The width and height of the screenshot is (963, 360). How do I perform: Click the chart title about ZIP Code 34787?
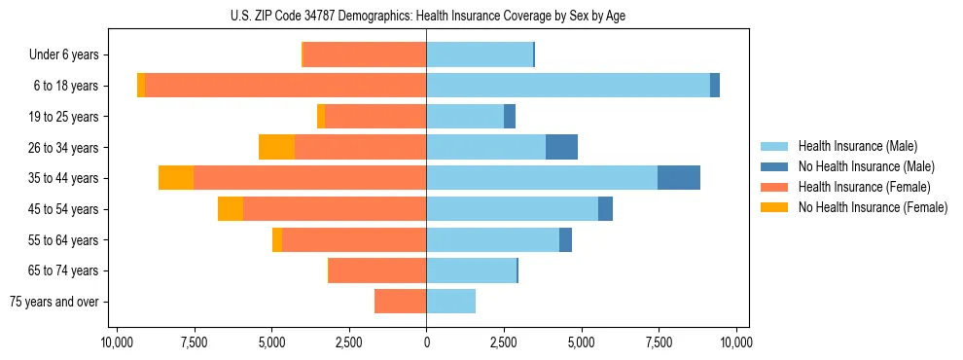[426, 15]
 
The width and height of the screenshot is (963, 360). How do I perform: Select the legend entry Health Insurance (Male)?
[857, 146]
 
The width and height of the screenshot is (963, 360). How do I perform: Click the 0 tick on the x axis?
[426, 343]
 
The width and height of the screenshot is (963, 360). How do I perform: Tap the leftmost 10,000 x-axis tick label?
[117, 343]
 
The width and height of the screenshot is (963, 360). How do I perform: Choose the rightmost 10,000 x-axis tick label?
[735, 343]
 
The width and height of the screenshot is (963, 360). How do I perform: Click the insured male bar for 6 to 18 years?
[568, 86]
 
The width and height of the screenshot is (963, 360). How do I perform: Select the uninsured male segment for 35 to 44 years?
[679, 178]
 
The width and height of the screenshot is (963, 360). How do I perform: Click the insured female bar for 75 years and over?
[401, 302]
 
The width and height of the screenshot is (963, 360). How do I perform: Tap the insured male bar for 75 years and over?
[451, 302]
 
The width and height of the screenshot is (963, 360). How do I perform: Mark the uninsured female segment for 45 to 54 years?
[231, 209]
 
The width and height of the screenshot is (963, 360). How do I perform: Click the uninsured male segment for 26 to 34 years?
[561, 147]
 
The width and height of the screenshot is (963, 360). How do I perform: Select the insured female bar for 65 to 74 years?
[377, 270]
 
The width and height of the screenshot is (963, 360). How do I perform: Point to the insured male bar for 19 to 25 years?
[465, 117]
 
